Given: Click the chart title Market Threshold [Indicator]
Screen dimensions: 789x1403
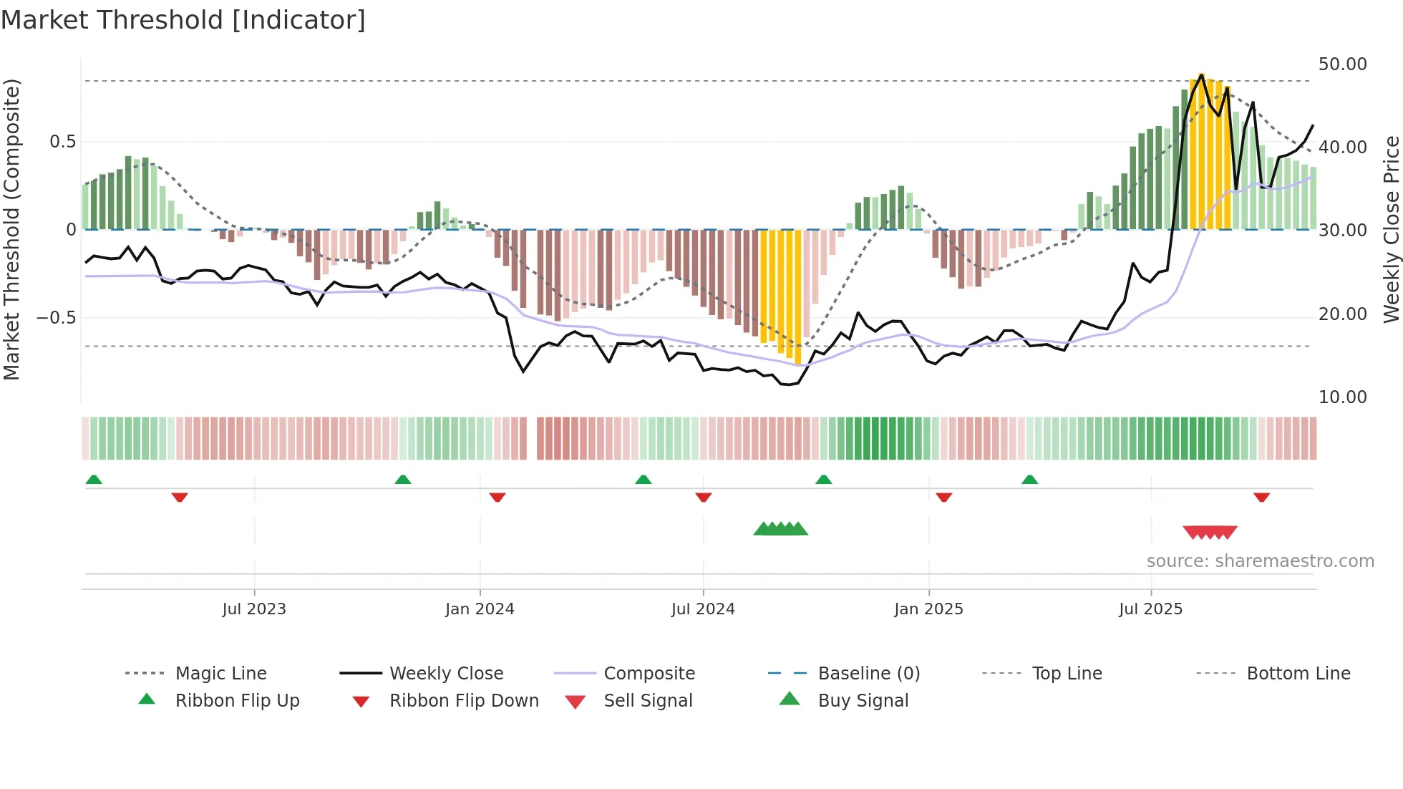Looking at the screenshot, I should click(183, 20).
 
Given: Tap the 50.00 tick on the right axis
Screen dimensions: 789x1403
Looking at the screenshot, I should click(1342, 64).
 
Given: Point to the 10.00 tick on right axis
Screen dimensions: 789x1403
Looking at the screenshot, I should click(1342, 397).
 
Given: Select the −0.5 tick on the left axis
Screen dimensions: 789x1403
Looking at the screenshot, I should click(57, 317).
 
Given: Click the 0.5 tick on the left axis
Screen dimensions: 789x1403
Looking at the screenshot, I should click(62, 142).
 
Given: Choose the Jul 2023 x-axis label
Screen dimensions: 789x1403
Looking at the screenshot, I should click(254, 609).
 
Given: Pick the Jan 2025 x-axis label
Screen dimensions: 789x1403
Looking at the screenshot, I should click(928, 609).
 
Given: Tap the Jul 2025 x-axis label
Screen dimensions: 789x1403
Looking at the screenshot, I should click(1150, 609).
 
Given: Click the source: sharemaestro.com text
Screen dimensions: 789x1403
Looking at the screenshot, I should click(1260, 561).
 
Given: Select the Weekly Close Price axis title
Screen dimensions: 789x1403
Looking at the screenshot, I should click(1391, 229).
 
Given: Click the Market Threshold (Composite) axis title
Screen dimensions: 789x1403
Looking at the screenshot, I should click(11, 229).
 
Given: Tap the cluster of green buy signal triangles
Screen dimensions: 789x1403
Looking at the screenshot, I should click(780, 529).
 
